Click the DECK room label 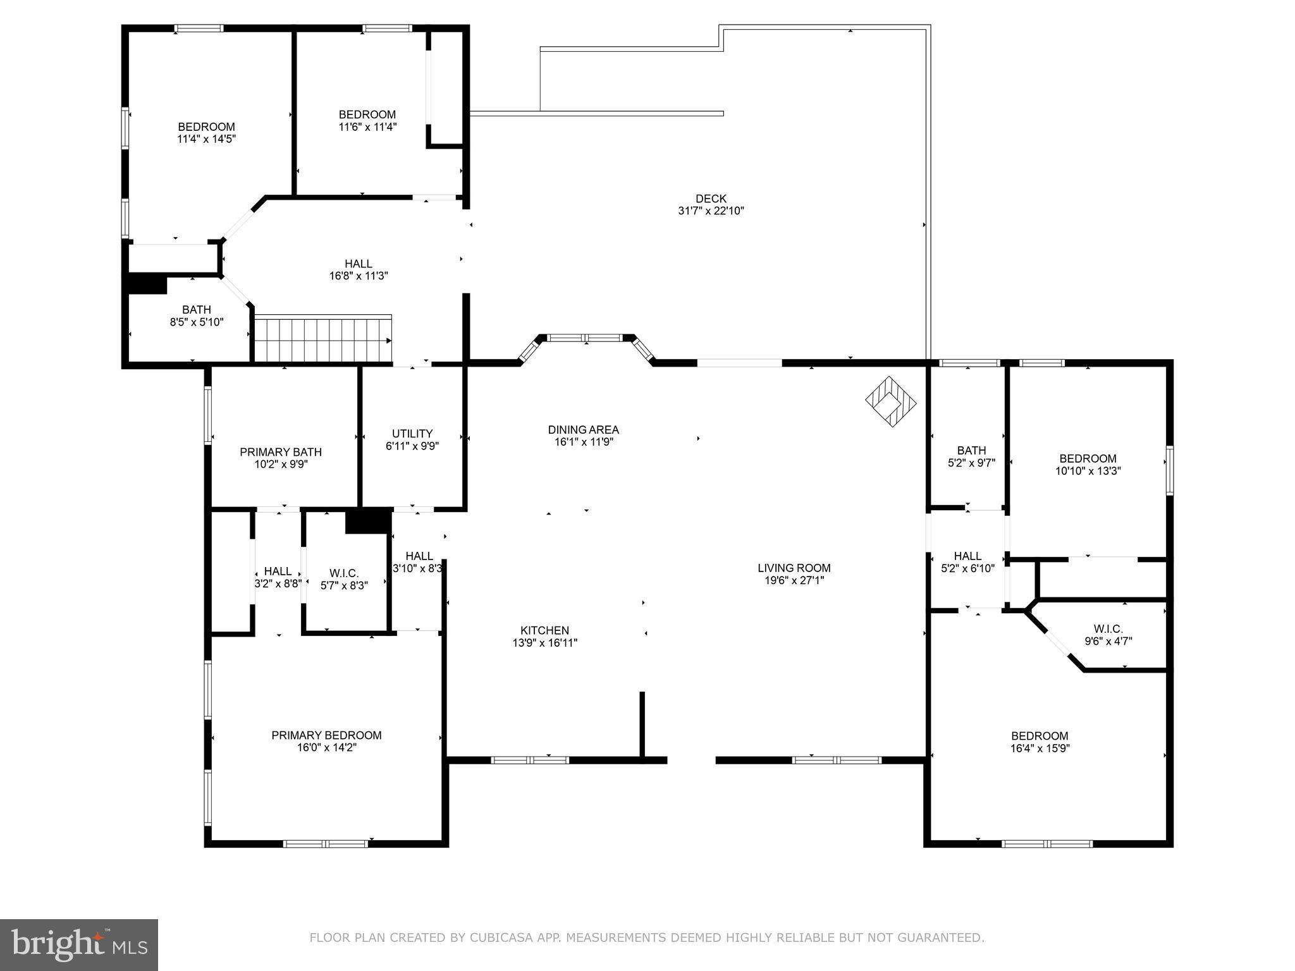(x=711, y=198)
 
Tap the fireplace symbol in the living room (x=890, y=401)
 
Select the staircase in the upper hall (x=322, y=339)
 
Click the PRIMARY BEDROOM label (x=326, y=735)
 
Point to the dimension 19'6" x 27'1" (x=794, y=580)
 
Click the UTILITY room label (x=412, y=434)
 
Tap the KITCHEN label (x=544, y=630)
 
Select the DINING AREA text (x=583, y=430)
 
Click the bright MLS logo (x=78, y=944)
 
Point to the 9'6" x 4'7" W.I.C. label (x=1108, y=640)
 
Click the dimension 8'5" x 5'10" (x=196, y=322)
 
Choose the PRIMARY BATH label (x=281, y=452)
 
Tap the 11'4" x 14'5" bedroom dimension (x=206, y=139)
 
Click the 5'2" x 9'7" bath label (x=971, y=463)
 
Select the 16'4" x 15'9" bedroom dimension (x=1040, y=748)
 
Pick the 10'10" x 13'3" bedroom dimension (x=1088, y=471)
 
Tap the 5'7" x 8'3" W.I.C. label (x=344, y=586)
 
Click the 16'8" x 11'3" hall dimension (x=358, y=276)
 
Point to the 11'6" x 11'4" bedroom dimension (x=367, y=126)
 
